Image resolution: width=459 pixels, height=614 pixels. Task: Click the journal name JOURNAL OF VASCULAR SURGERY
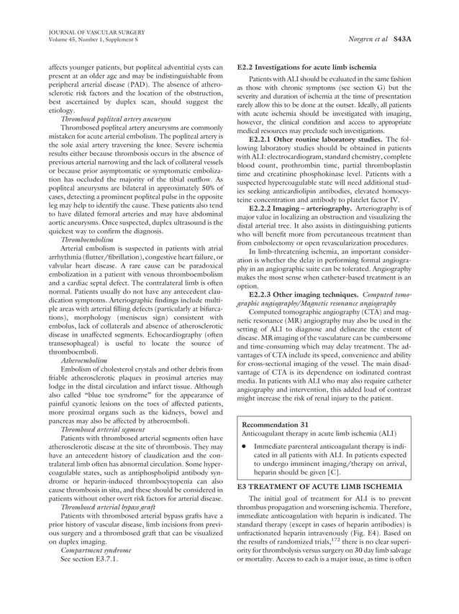click(96, 32)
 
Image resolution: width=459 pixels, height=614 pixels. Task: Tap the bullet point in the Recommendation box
click(245, 446)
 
